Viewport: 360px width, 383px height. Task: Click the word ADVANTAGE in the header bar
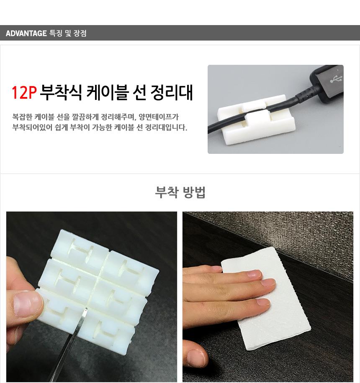[26, 33]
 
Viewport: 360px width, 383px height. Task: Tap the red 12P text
[24, 92]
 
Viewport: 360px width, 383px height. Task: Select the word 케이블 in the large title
[108, 92]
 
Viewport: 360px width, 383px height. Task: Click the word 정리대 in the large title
[172, 92]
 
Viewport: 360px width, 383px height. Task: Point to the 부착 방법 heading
[180, 192]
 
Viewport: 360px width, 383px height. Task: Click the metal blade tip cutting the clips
[85, 310]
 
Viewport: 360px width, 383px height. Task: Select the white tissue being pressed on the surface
[265, 298]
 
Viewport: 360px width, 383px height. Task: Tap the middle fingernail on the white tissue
[268, 283]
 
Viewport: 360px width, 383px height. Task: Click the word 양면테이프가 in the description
[159, 117]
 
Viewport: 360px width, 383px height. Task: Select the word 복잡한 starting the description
[22, 117]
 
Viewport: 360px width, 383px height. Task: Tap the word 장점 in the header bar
[80, 33]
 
